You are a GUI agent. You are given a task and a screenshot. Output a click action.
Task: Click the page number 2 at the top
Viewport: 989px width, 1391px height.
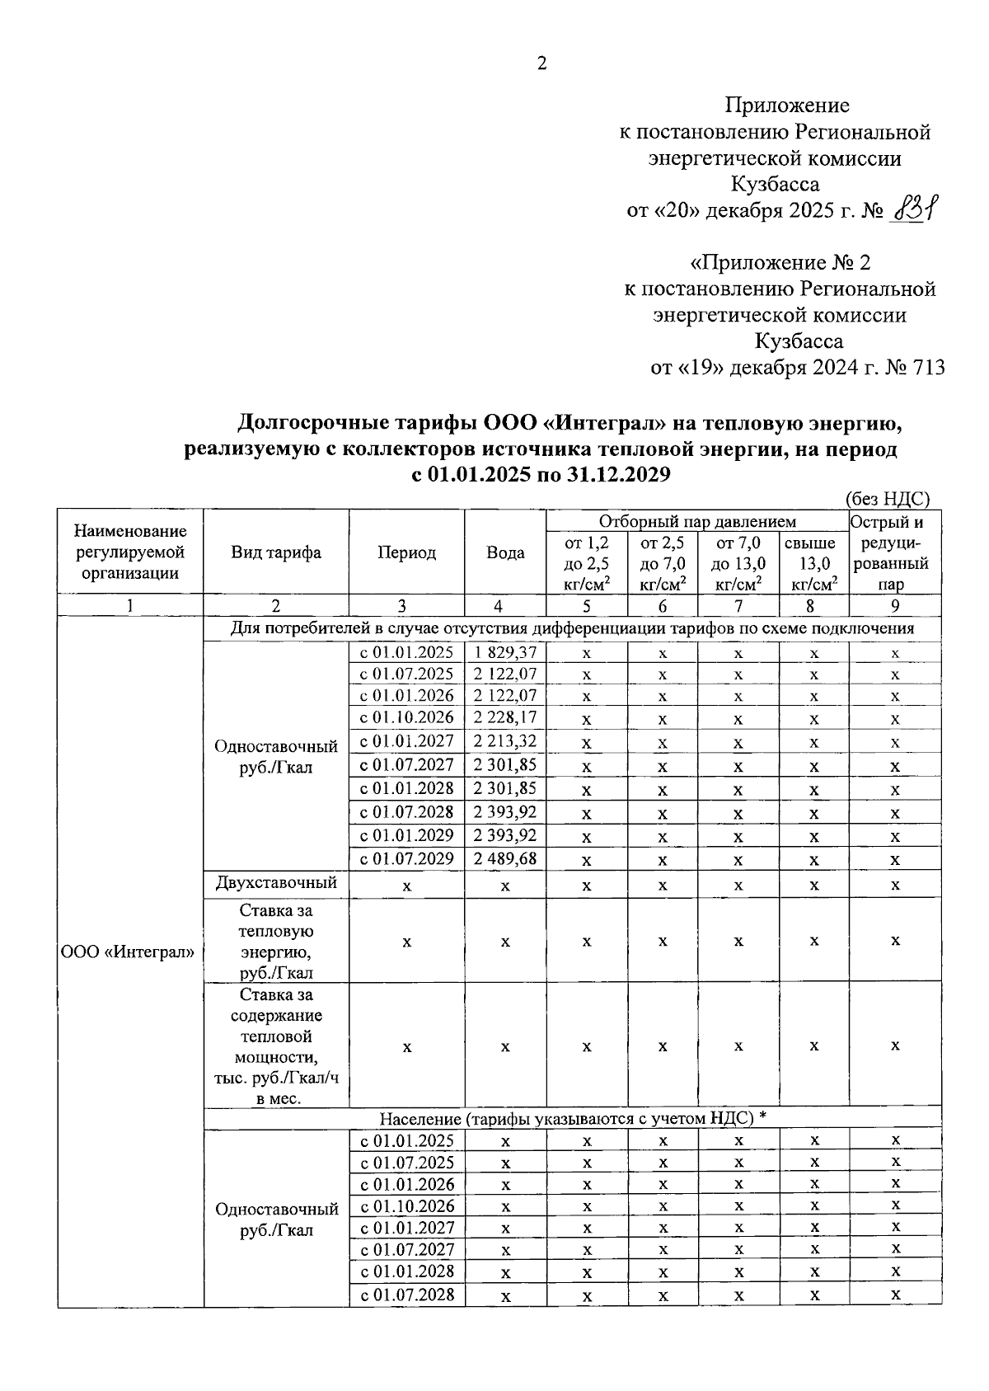click(541, 63)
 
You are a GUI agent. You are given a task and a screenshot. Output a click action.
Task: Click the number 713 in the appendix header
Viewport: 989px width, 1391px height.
click(928, 368)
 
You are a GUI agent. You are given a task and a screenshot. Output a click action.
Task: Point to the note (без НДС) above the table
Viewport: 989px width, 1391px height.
click(888, 498)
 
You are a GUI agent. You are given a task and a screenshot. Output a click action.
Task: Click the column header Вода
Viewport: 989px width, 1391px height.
click(505, 553)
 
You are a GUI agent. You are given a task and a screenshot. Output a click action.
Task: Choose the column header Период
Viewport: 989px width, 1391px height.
click(406, 553)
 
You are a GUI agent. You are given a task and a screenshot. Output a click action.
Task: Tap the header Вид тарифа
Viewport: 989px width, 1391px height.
click(276, 553)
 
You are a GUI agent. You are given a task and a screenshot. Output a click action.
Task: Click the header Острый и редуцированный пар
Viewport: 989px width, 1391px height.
click(895, 552)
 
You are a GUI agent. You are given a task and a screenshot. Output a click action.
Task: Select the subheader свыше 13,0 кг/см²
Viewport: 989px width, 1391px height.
click(813, 564)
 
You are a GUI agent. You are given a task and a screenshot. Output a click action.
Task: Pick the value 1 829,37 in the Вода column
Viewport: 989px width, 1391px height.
click(505, 652)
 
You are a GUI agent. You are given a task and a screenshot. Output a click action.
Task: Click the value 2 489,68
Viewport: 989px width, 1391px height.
click(505, 858)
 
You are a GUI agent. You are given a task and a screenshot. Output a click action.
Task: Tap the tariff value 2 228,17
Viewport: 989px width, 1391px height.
click(505, 717)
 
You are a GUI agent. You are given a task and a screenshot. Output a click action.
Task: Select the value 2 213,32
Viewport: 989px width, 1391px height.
click(505, 741)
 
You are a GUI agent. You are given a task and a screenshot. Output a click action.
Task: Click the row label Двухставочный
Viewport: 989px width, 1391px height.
click(276, 883)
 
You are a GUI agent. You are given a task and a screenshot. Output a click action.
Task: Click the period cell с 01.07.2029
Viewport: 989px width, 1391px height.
click(406, 858)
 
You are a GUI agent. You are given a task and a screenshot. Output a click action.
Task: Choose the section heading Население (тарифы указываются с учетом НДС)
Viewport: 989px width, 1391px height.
click(573, 1118)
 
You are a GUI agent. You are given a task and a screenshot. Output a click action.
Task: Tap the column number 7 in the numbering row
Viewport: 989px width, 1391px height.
click(738, 606)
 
